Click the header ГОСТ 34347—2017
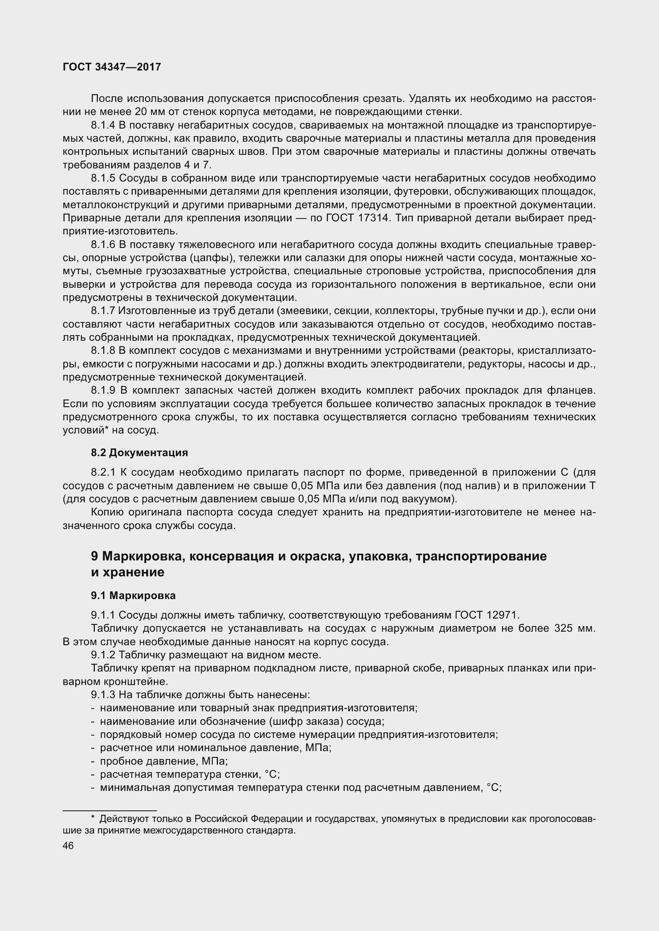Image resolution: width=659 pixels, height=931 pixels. point(112,67)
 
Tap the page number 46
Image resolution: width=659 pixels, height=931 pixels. point(68,846)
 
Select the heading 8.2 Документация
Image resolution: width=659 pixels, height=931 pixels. point(139,453)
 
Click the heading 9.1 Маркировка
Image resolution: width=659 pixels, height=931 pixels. point(133,596)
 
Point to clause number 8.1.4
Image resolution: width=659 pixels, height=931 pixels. point(103,125)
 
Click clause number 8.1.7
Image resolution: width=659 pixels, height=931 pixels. point(103,311)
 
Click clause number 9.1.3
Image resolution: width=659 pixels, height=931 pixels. point(103,695)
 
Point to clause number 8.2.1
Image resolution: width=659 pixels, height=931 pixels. point(103,472)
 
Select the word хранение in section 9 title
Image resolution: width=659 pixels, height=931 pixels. point(133,572)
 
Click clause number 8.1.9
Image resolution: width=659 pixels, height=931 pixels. point(103,390)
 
